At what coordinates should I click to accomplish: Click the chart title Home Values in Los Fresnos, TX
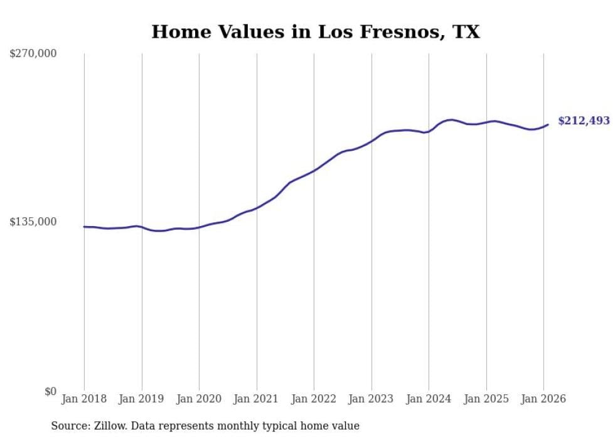point(315,31)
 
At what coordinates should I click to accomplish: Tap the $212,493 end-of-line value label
point(583,121)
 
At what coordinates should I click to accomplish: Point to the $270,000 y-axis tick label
point(33,53)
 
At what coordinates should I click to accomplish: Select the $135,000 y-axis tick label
point(33,222)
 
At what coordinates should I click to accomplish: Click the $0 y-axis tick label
point(50,391)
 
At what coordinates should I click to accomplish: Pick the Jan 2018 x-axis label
point(84,399)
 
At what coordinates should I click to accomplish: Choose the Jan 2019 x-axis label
point(142,399)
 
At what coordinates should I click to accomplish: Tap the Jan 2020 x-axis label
point(199,399)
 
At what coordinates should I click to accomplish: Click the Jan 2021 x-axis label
point(257,399)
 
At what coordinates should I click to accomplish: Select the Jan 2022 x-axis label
point(314,399)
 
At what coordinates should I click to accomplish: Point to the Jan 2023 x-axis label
point(372,399)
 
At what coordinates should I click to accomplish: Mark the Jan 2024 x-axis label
point(429,399)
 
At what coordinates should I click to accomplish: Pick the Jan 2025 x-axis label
point(486,399)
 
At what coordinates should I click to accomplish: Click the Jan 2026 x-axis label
point(543,399)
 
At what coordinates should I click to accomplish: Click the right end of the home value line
point(548,124)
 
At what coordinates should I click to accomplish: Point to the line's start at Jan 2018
point(84,227)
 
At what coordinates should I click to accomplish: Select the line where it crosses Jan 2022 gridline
point(314,170)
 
